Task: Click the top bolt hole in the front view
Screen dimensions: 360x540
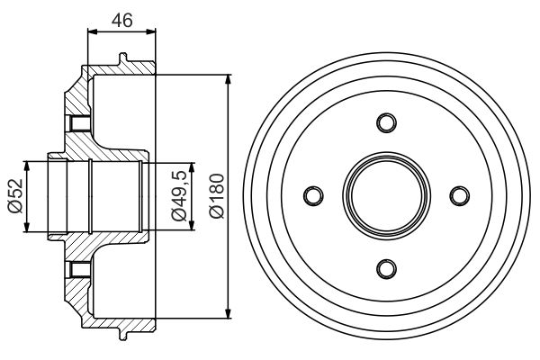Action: pyautogui.click(x=386, y=122)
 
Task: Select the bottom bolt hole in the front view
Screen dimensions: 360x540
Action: pyautogui.click(x=386, y=268)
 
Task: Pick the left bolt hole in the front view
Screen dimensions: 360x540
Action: pyautogui.click(x=313, y=195)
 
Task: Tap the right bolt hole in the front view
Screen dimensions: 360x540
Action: pyautogui.click(x=459, y=195)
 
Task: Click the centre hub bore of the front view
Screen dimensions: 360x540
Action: pyautogui.click(x=386, y=195)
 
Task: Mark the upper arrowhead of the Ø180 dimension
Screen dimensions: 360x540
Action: pyautogui.click(x=229, y=80)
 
